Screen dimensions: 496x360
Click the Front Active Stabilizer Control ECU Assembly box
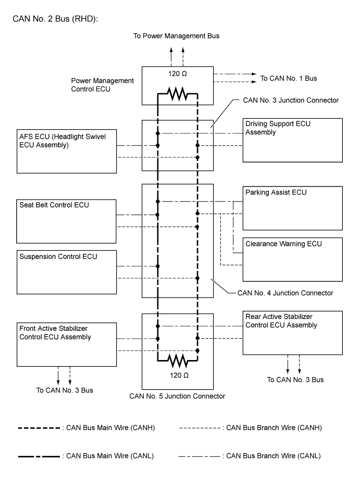pos(67,343)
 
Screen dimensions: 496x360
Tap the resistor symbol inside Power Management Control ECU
pos(177,94)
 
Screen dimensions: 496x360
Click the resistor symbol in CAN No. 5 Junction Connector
pos(177,359)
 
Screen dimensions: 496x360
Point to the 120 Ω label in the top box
pos(177,74)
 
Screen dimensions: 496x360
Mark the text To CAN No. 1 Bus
pos(289,78)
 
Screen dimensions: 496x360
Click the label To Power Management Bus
pos(177,36)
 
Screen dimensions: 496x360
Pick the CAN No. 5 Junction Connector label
pos(177,396)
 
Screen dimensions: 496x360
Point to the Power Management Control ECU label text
pos(103,85)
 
